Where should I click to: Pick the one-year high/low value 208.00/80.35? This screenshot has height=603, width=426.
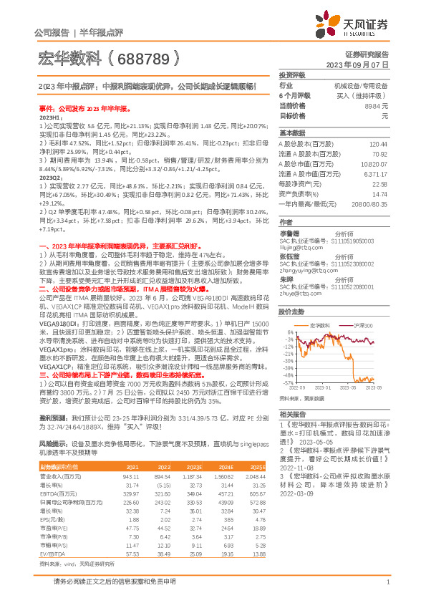[375, 203]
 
